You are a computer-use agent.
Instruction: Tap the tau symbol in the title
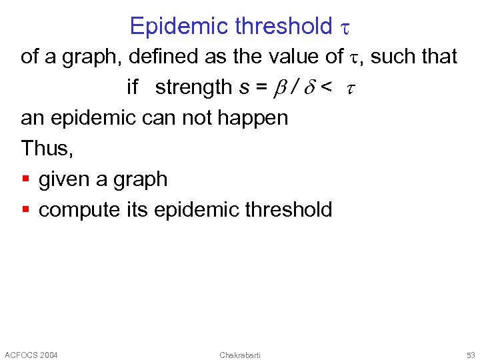point(345,27)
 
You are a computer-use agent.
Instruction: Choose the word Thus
point(46,148)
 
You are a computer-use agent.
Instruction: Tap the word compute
point(80,211)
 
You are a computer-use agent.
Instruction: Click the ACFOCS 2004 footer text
point(31,355)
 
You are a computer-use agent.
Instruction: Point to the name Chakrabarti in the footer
point(240,355)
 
